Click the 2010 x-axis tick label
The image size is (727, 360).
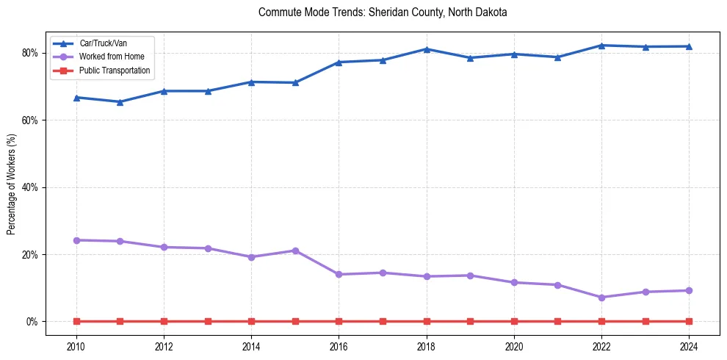pyautogui.click(x=76, y=345)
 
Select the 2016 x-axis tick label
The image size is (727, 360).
pyautogui.click(x=339, y=345)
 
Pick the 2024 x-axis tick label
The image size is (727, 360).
pyautogui.click(x=689, y=345)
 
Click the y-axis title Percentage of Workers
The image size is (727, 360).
pyautogui.click(x=12, y=184)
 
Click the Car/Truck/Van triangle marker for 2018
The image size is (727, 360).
pyautogui.click(x=427, y=49)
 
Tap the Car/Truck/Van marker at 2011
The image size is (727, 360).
pyautogui.click(x=120, y=102)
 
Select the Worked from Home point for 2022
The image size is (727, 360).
pyautogui.click(x=601, y=298)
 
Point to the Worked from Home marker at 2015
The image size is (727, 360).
pyautogui.click(x=295, y=251)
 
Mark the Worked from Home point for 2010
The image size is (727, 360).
pyautogui.click(x=76, y=240)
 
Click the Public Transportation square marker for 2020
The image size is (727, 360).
pyautogui.click(x=514, y=321)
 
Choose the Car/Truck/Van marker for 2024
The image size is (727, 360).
pyautogui.click(x=689, y=46)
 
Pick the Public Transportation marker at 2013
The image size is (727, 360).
pyautogui.click(x=208, y=321)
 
